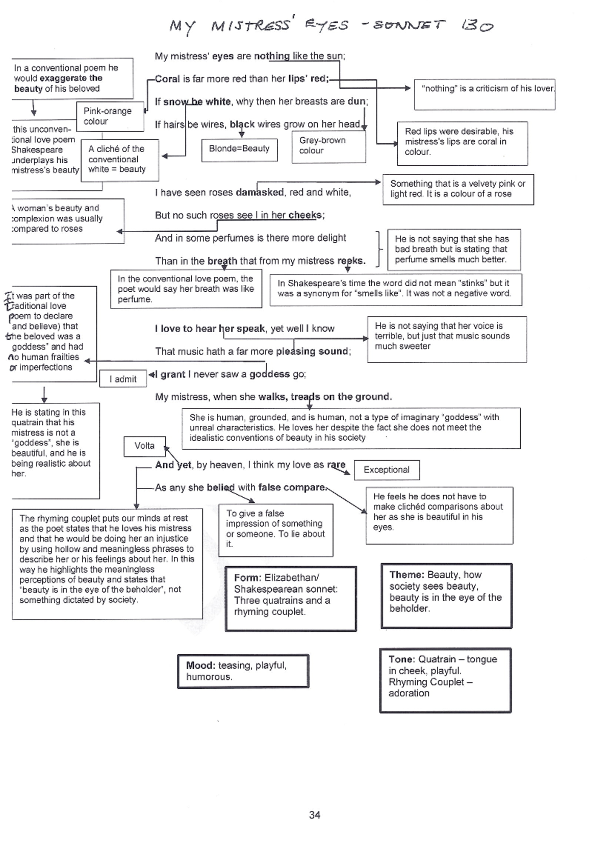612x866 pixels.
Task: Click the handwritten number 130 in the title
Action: click(477, 25)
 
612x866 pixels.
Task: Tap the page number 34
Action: click(315, 815)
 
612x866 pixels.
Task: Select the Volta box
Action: click(145, 446)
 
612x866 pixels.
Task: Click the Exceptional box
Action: click(387, 470)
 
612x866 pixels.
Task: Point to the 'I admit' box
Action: click(123, 379)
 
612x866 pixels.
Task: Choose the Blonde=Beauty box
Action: click(239, 149)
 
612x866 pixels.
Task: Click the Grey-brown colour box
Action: click(328, 146)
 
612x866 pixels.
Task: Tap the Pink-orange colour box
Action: click(110, 117)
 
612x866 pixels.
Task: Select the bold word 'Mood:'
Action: click(200, 666)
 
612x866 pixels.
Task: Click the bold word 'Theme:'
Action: click(407, 575)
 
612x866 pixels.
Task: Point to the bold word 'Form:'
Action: click(248, 578)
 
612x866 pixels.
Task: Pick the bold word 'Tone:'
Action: click(402, 659)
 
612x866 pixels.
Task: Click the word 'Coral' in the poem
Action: click(167, 79)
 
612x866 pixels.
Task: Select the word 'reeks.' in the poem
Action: click(351, 261)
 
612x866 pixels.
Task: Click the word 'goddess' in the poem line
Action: click(269, 374)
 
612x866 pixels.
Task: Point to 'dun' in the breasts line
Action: click(356, 101)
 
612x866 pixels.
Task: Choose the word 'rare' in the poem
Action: click(336, 465)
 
